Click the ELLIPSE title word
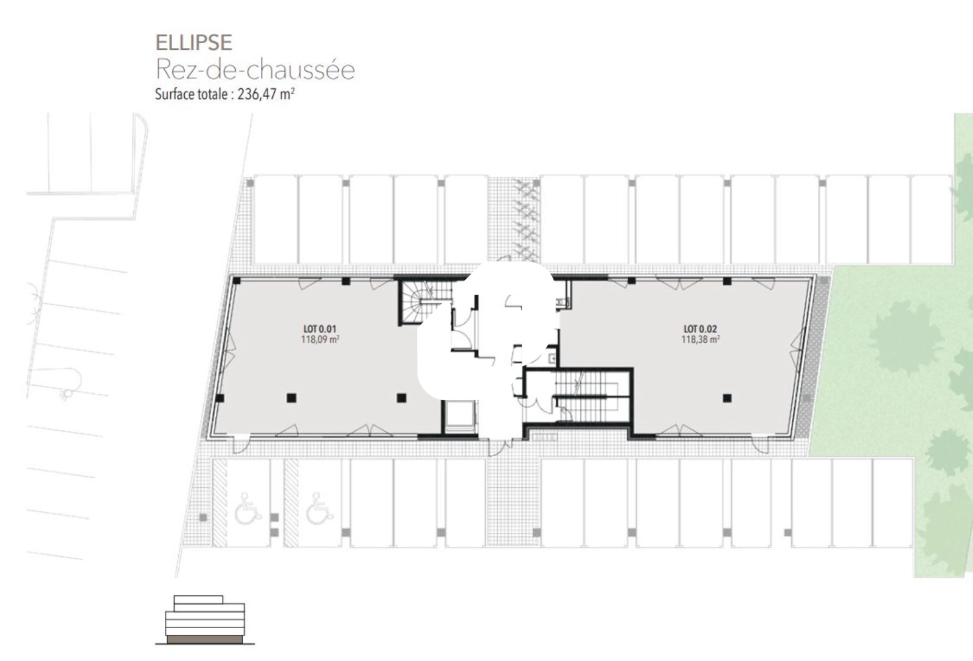[x=194, y=43]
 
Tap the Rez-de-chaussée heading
[x=255, y=69]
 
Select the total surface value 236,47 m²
[x=266, y=94]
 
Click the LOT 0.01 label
[x=320, y=329]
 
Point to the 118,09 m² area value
[x=320, y=340]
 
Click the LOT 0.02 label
[x=700, y=329]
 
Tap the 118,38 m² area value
[x=700, y=340]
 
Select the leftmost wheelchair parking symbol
[x=248, y=509]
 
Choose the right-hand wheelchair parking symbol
[x=320, y=509]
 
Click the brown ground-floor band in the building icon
[x=205, y=640]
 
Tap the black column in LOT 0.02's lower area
[x=727, y=397]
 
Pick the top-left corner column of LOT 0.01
[x=237, y=281]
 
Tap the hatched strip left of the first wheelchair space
[x=220, y=502]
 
